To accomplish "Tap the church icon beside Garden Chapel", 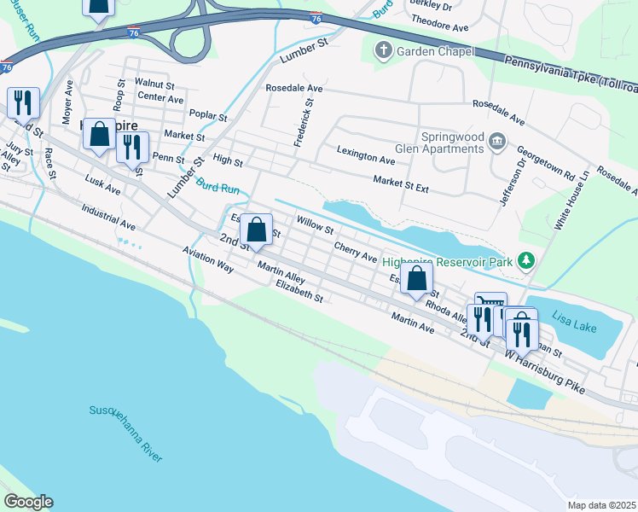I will [382, 52].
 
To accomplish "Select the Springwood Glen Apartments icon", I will [496, 139].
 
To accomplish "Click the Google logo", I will [28, 501].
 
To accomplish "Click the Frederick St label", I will [304, 121].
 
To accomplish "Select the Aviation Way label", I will [208, 260].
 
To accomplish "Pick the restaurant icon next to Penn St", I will [132, 146].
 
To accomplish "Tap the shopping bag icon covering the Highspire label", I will [100, 134].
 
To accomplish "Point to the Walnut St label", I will [154, 84].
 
